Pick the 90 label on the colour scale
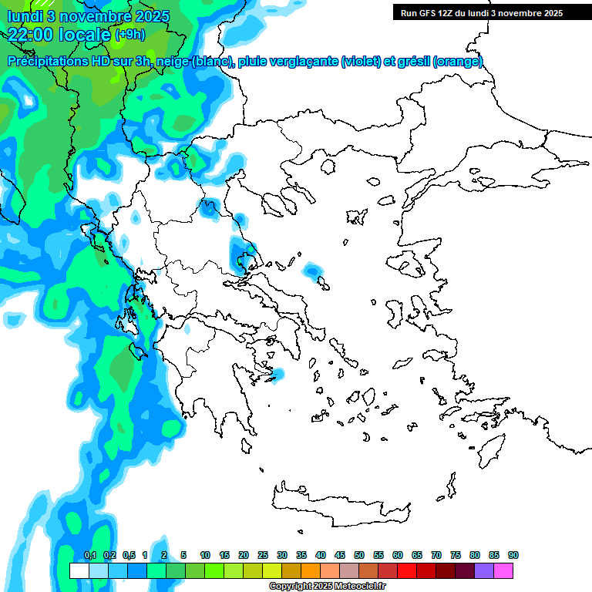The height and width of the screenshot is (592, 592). click(x=513, y=555)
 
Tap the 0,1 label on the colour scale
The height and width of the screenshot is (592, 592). click(x=89, y=555)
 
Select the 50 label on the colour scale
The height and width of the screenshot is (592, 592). click(x=359, y=555)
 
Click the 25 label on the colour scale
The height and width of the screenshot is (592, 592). click(x=263, y=555)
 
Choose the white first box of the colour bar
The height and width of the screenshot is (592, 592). click(x=79, y=570)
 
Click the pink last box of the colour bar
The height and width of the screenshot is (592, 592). click(x=503, y=570)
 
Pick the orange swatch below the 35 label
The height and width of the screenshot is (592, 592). click(x=311, y=570)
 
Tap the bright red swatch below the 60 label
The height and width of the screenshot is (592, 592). click(x=407, y=570)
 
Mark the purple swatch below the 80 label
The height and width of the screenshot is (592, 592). click(x=484, y=570)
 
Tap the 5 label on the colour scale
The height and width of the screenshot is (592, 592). click(x=183, y=555)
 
